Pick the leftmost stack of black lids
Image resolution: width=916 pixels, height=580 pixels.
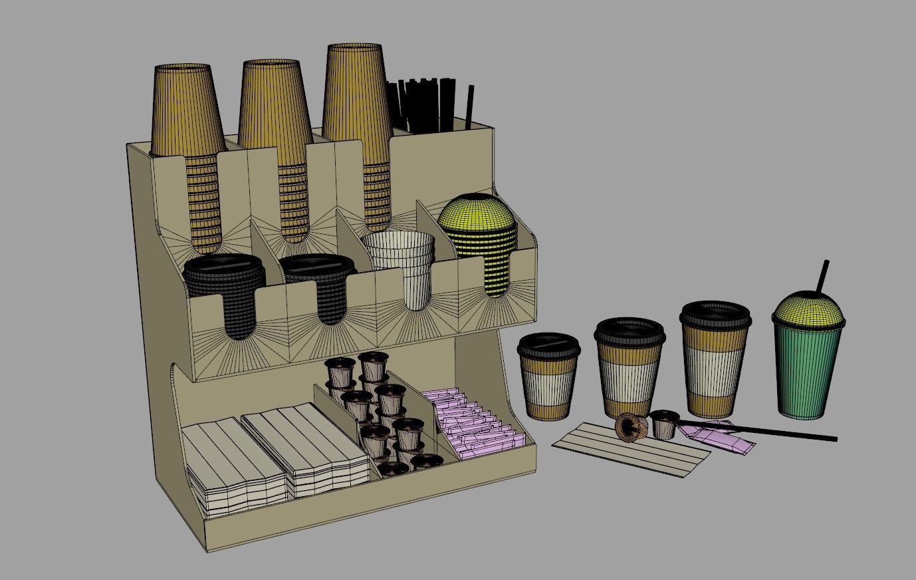point(225,286)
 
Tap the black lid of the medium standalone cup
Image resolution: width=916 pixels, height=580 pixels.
point(629,331)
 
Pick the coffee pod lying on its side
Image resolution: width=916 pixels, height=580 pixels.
point(630,427)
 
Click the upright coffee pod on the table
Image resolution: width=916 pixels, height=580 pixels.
point(664,424)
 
